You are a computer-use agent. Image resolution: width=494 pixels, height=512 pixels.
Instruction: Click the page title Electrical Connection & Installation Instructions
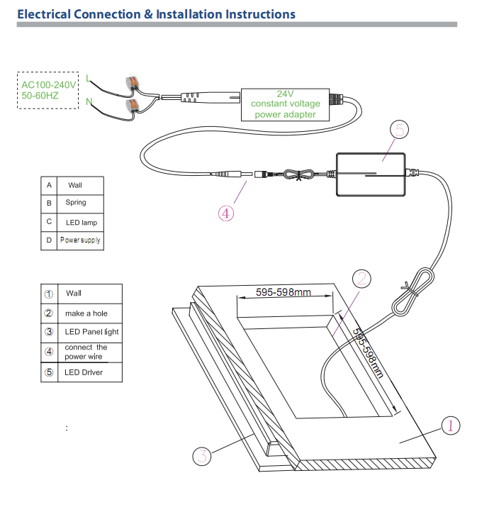(x=156, y=14)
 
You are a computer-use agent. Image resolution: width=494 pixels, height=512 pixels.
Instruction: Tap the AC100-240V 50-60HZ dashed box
(x=47, y=90)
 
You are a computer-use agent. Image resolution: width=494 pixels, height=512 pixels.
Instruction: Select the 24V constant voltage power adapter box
(x=286, y=104)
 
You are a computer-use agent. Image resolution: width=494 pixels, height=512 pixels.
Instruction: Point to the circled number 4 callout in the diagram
(x=226, y=213)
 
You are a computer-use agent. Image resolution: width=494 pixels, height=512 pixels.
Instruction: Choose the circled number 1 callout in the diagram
(x=451, y=425)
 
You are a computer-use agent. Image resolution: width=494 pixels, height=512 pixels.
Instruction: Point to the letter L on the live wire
(x=87, y=77)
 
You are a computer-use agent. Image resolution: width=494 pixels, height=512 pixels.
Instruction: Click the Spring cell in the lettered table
(x=76, y=203)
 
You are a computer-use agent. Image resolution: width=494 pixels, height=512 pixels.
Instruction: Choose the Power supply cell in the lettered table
(x=80, y=240)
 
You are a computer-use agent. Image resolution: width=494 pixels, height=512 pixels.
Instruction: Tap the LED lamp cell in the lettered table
(x=80, y=222)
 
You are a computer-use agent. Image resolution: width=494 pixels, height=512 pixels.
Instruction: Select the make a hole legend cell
(x=86, y=313)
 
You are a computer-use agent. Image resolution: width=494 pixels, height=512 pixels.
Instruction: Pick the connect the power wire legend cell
(x=86, y=352)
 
